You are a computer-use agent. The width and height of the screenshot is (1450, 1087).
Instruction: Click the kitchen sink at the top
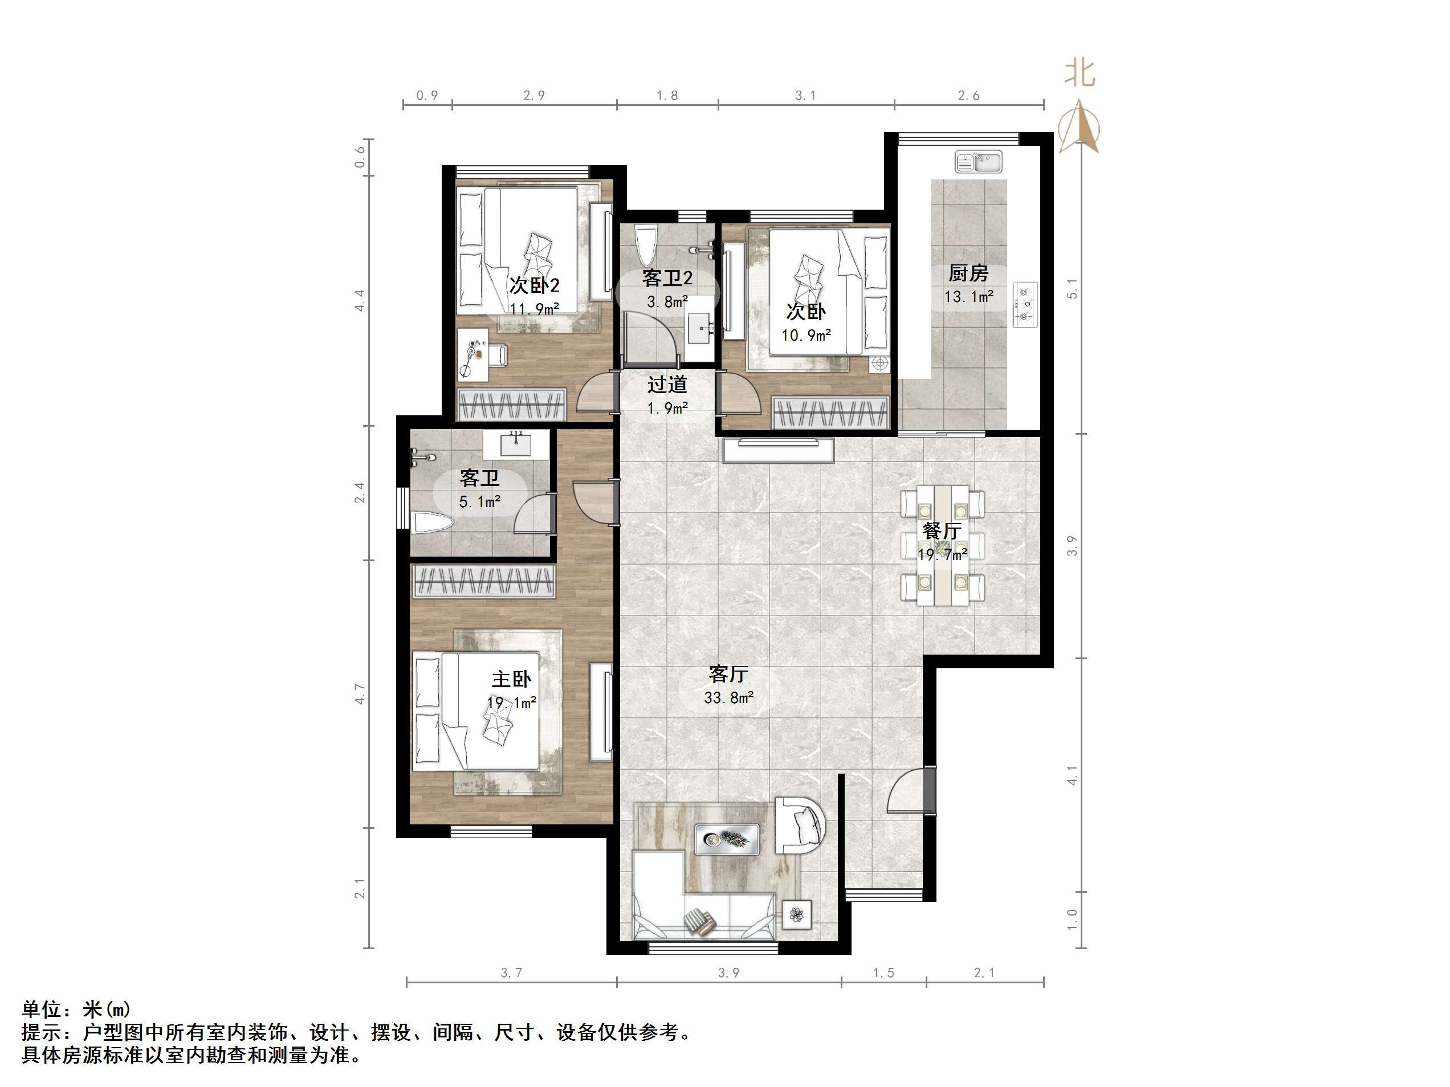point(979,161)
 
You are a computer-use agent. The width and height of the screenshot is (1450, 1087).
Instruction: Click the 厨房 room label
point(968,272)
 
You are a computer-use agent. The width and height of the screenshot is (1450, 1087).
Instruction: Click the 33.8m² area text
point(728,698)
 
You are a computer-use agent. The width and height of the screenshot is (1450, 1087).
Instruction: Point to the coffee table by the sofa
point(727,839)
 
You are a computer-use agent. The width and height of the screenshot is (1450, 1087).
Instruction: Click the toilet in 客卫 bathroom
point(431,523)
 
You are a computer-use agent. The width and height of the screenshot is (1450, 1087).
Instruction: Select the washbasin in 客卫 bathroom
point(516,444)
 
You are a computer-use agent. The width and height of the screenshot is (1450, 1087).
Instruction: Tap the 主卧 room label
point(511,679)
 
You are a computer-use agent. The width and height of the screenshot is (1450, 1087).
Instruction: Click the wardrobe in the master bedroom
point(483,582)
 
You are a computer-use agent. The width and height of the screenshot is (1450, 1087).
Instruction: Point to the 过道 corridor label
point(667,385)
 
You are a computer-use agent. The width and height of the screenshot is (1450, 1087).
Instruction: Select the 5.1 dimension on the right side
point(1073,288)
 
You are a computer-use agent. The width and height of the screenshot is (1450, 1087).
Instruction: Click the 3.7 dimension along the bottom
point(511,973)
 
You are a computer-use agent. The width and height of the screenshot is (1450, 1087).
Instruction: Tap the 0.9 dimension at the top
point(427,96)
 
